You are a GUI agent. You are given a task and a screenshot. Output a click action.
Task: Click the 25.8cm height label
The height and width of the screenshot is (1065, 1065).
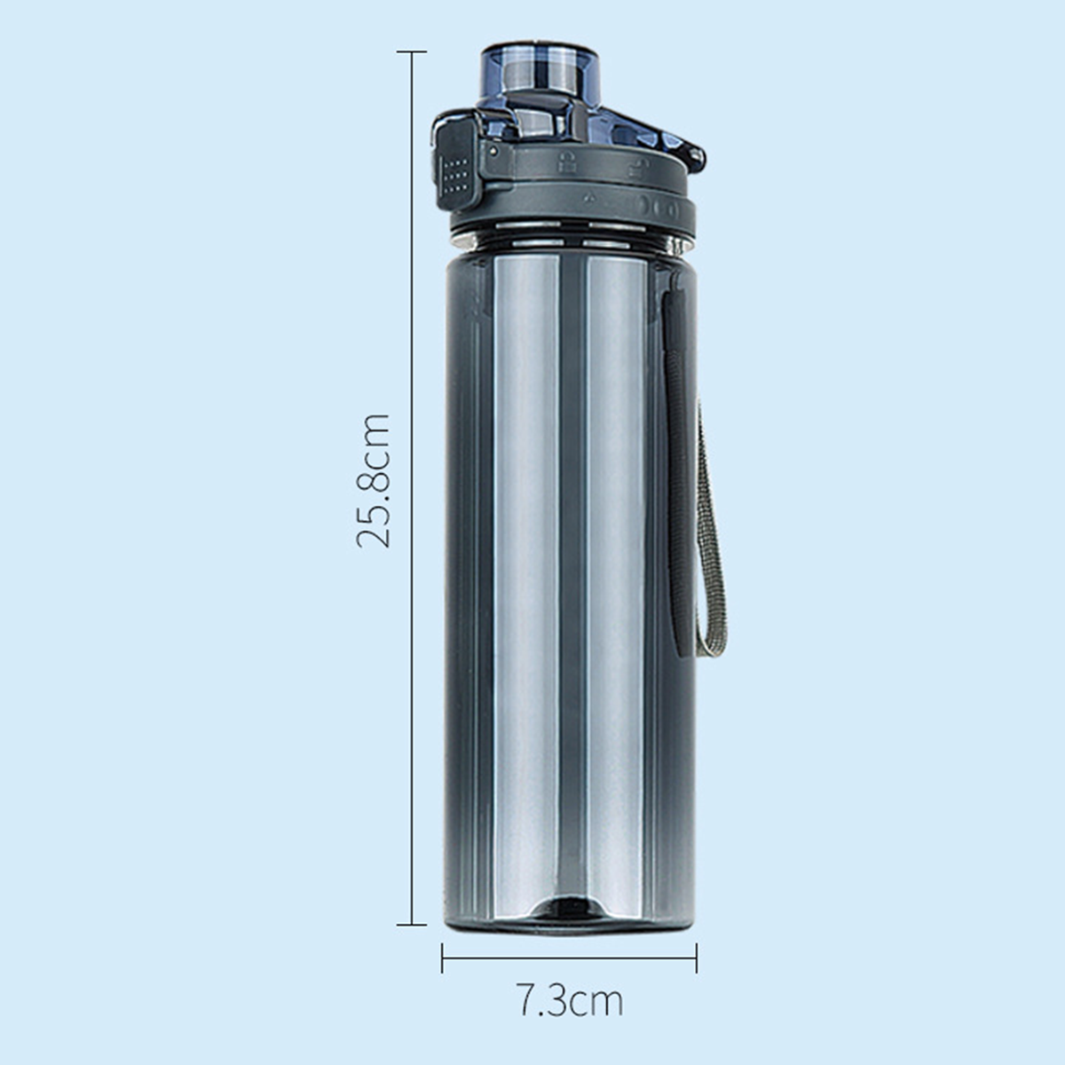tap(374, 480)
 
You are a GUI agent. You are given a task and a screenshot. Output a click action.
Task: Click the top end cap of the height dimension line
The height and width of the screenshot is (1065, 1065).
tap(412, 51)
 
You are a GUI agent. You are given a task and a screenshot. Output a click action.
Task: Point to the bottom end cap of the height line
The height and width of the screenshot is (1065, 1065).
tap(412, 924)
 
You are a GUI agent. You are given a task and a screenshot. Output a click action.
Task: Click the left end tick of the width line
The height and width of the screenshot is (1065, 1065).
tap(442, 958)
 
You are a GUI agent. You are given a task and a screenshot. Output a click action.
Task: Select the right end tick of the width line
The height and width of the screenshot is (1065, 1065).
tap(697, 958)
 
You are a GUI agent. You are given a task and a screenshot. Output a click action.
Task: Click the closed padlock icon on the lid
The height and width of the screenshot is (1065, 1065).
tap(565, 162)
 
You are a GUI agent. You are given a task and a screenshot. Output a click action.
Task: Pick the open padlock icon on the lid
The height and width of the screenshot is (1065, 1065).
tap(634, 168)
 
